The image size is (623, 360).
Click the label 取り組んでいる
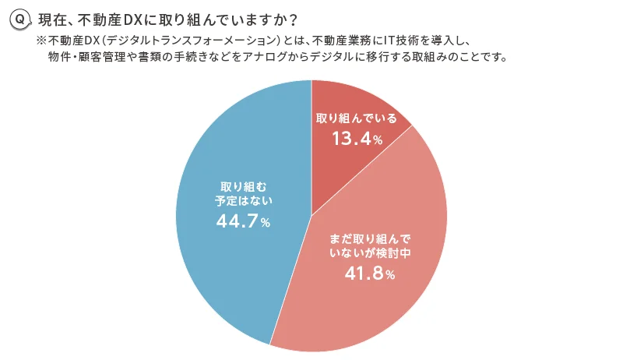click(357, 119)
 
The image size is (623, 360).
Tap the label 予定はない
click(242, 200)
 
